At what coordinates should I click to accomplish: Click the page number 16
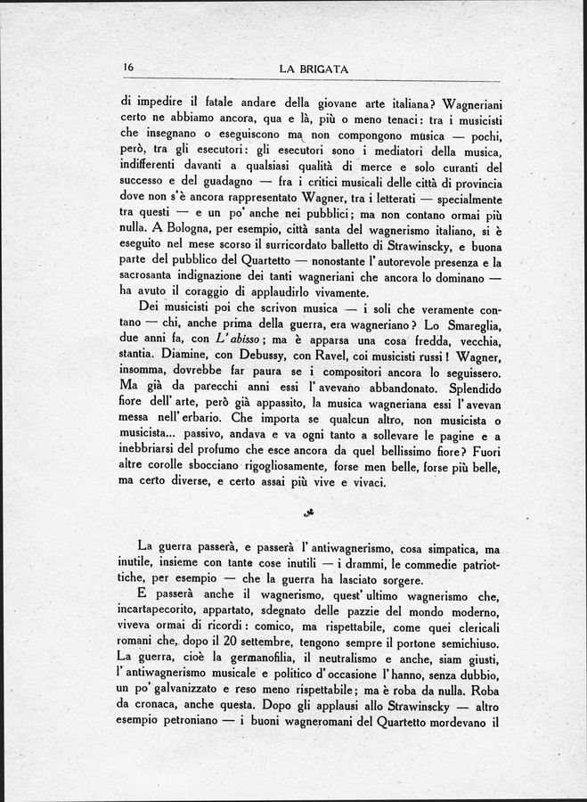(128, 68)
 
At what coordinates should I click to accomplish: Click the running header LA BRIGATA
(313, 69)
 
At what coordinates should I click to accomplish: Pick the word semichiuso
(466, 641)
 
